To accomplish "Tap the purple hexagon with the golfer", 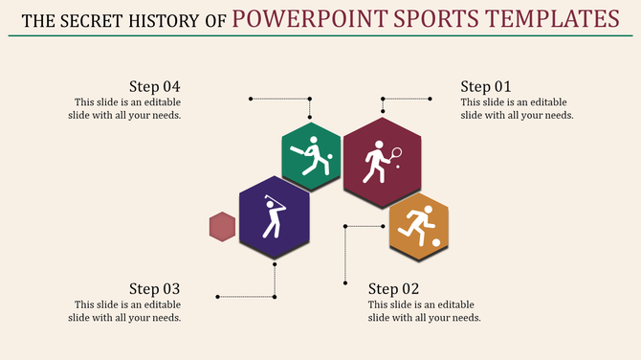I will coord(275,217).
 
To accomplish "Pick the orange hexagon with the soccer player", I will coord(419,227).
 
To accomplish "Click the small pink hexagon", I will coord(222,227).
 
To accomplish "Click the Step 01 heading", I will coord(486,85).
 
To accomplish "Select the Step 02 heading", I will coord(394,288).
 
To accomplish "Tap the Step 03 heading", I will coord(155,288).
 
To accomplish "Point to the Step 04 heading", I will coord(155,85).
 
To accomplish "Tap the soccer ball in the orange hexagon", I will coord(436,242).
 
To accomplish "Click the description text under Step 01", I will coord(517,108).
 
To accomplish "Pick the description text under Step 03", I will coord(127,311).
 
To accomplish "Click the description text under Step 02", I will coord(425,311).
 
